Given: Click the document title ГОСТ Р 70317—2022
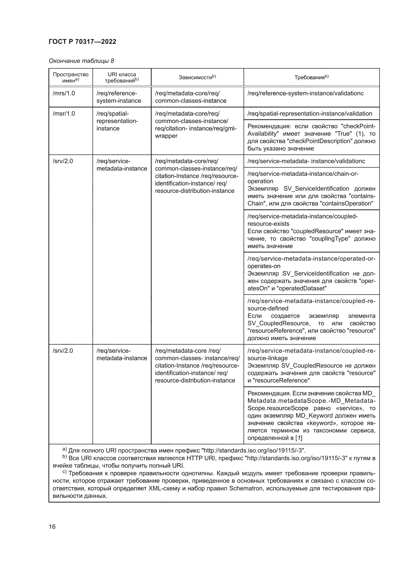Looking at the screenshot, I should click(82, 42).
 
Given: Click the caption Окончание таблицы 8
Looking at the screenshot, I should click(81, 61).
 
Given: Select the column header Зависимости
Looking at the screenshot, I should click(197, 77).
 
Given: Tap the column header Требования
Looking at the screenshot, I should click(311, 77).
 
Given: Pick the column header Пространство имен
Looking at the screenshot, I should click(70, 77).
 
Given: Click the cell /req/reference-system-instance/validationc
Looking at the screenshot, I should click(305, 93).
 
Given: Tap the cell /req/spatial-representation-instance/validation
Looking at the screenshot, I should click(310, 113).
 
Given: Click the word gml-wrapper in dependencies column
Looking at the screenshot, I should click(227, 129).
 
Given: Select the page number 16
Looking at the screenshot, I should click(52, 527).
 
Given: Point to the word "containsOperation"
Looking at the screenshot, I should click(347, 203).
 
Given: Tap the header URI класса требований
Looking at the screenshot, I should click(122, 77).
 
